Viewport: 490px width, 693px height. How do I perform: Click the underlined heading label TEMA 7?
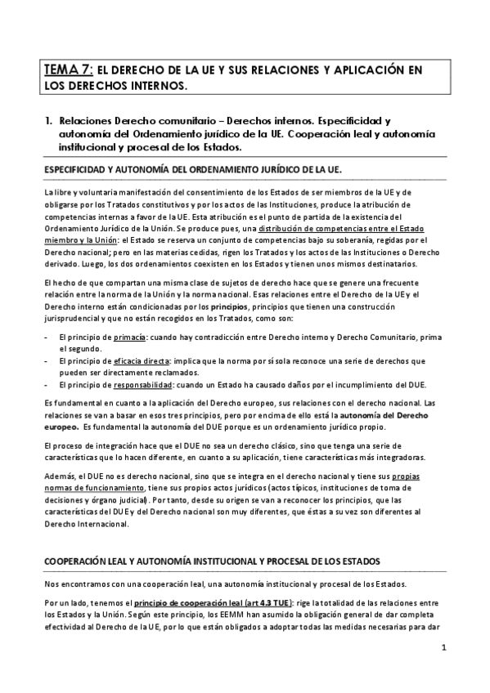[68, 70]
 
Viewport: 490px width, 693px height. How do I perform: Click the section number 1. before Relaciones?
[49, 120]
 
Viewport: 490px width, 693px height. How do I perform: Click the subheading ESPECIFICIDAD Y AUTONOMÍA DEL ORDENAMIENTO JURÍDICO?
[193, 169]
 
